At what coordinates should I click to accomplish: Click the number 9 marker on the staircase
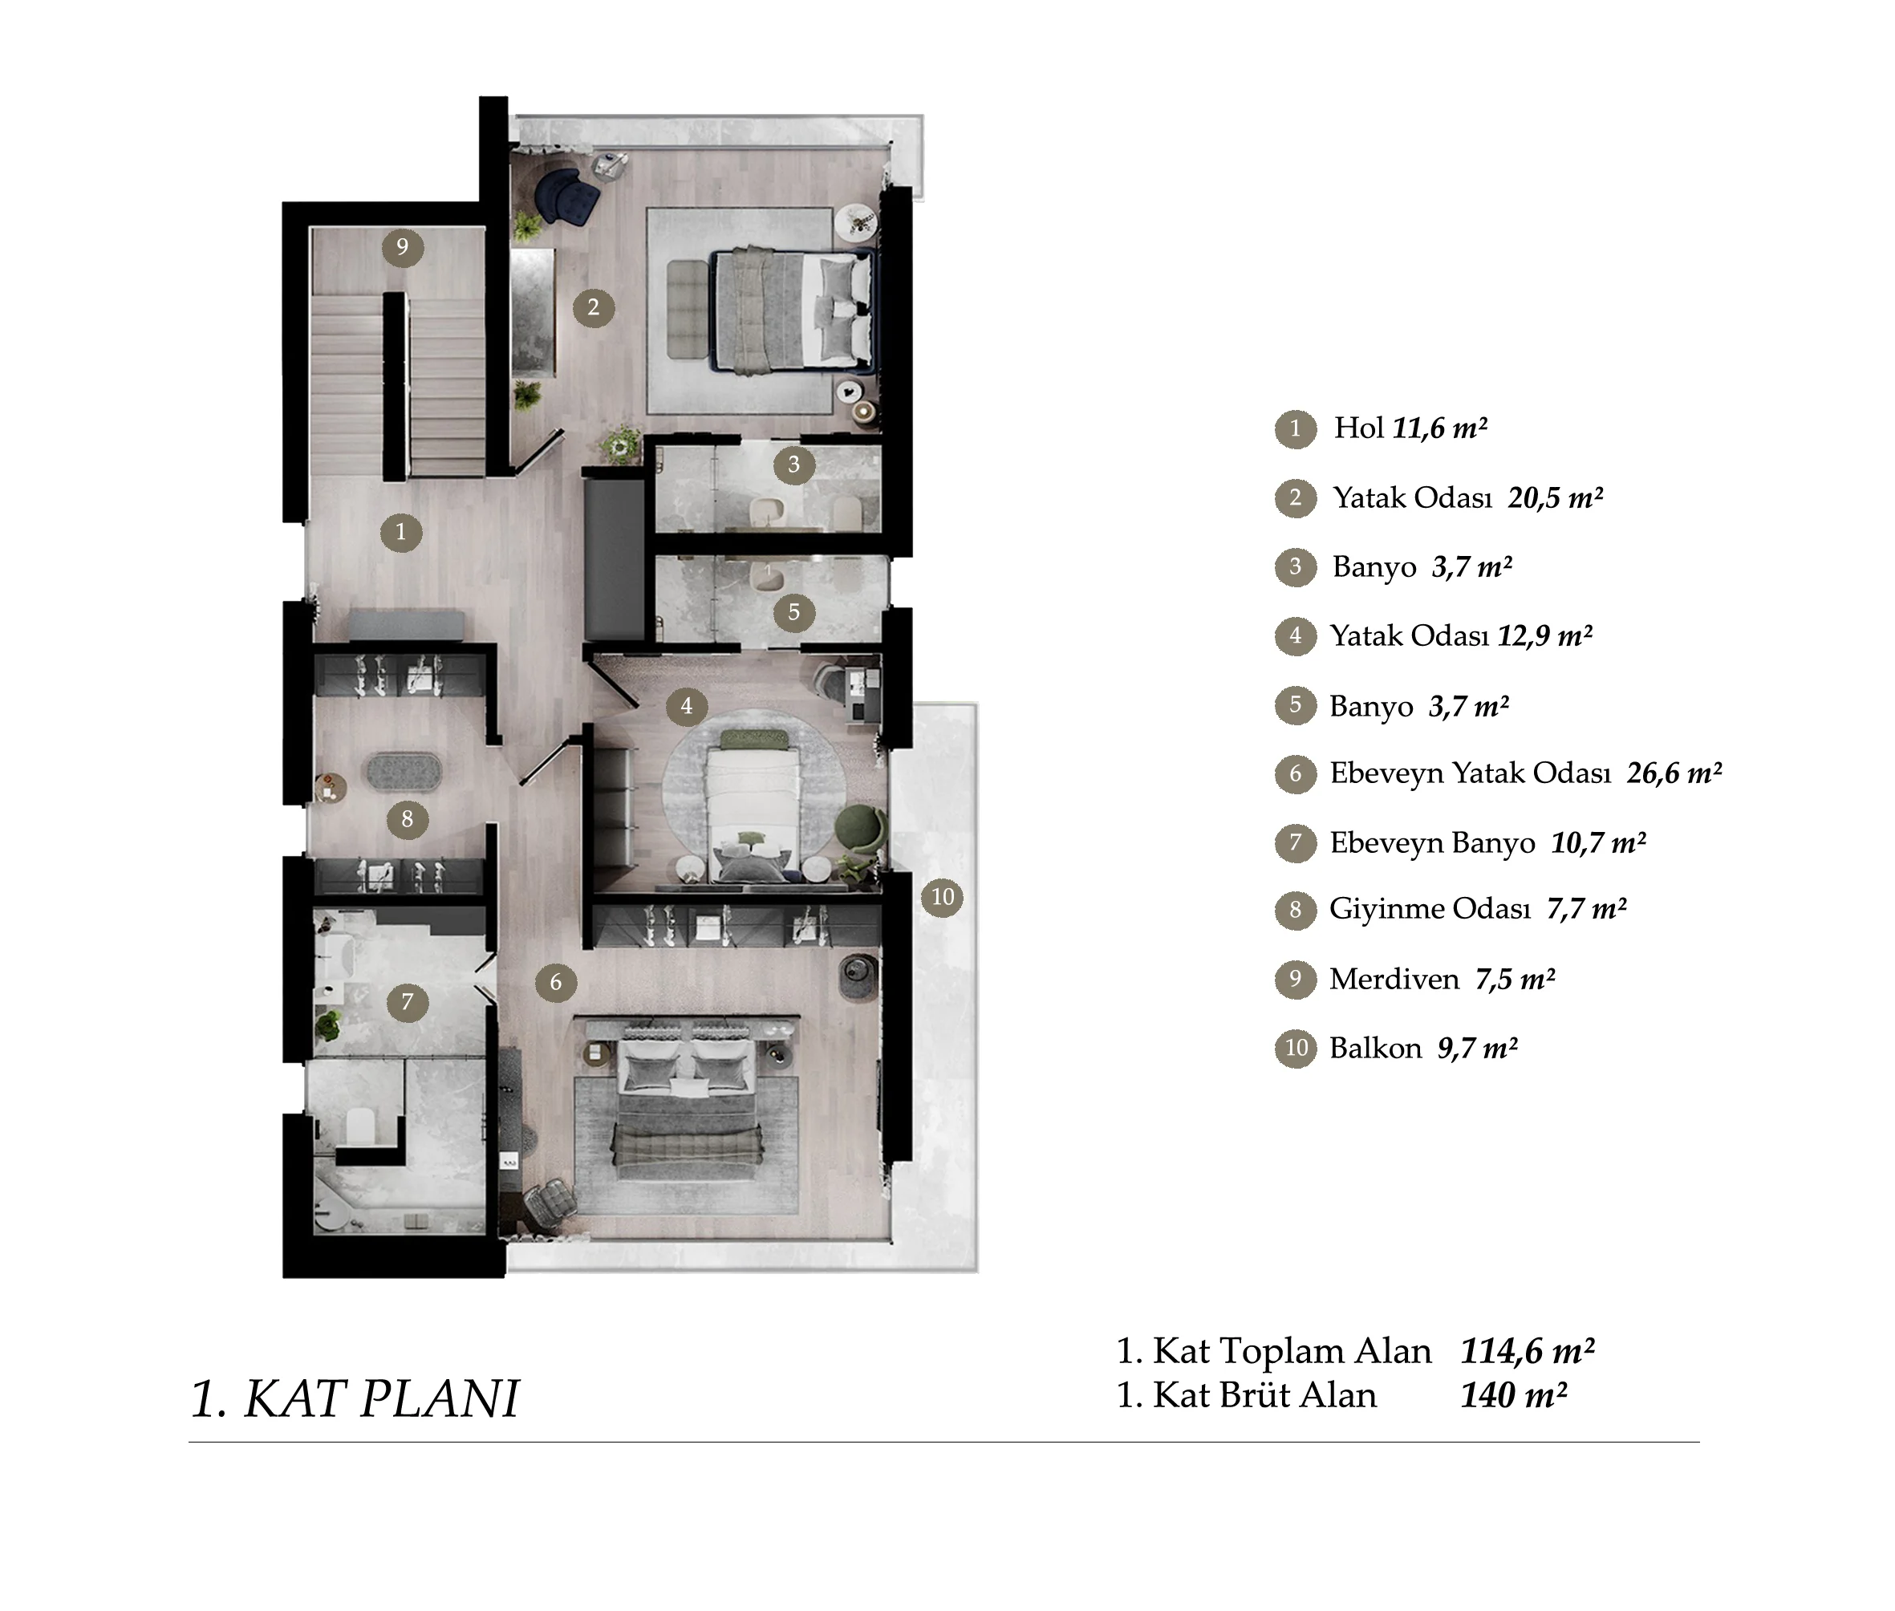[x=402, y=246]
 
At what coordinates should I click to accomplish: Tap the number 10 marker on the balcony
[x=943, y=897]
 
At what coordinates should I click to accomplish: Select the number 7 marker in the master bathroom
[x=408, y=1002]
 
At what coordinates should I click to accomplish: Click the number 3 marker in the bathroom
[x=793, y=465]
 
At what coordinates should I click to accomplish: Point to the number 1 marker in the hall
[x=400, y=532]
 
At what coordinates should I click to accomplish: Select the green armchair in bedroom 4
[x=860, y=826]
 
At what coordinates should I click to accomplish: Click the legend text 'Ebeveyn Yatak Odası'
[x=1471, y=773]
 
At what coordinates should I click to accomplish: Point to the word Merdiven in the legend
[x=1394, y=979]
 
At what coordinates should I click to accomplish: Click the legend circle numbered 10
[x=1295, y=1048]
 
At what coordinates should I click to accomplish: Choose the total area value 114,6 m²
[x=1527, y=1351]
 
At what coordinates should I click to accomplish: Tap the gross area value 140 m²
[x=1513, y=1395]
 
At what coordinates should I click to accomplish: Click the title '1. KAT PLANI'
[x=355, y=1398]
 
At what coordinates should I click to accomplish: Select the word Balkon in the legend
[x=1375, y=1048]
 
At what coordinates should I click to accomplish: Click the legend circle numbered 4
[x=1295, y=635]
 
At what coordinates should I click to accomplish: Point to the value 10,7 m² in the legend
[x=1598, y=842]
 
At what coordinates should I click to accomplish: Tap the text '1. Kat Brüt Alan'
[x=1247, y=1395]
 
